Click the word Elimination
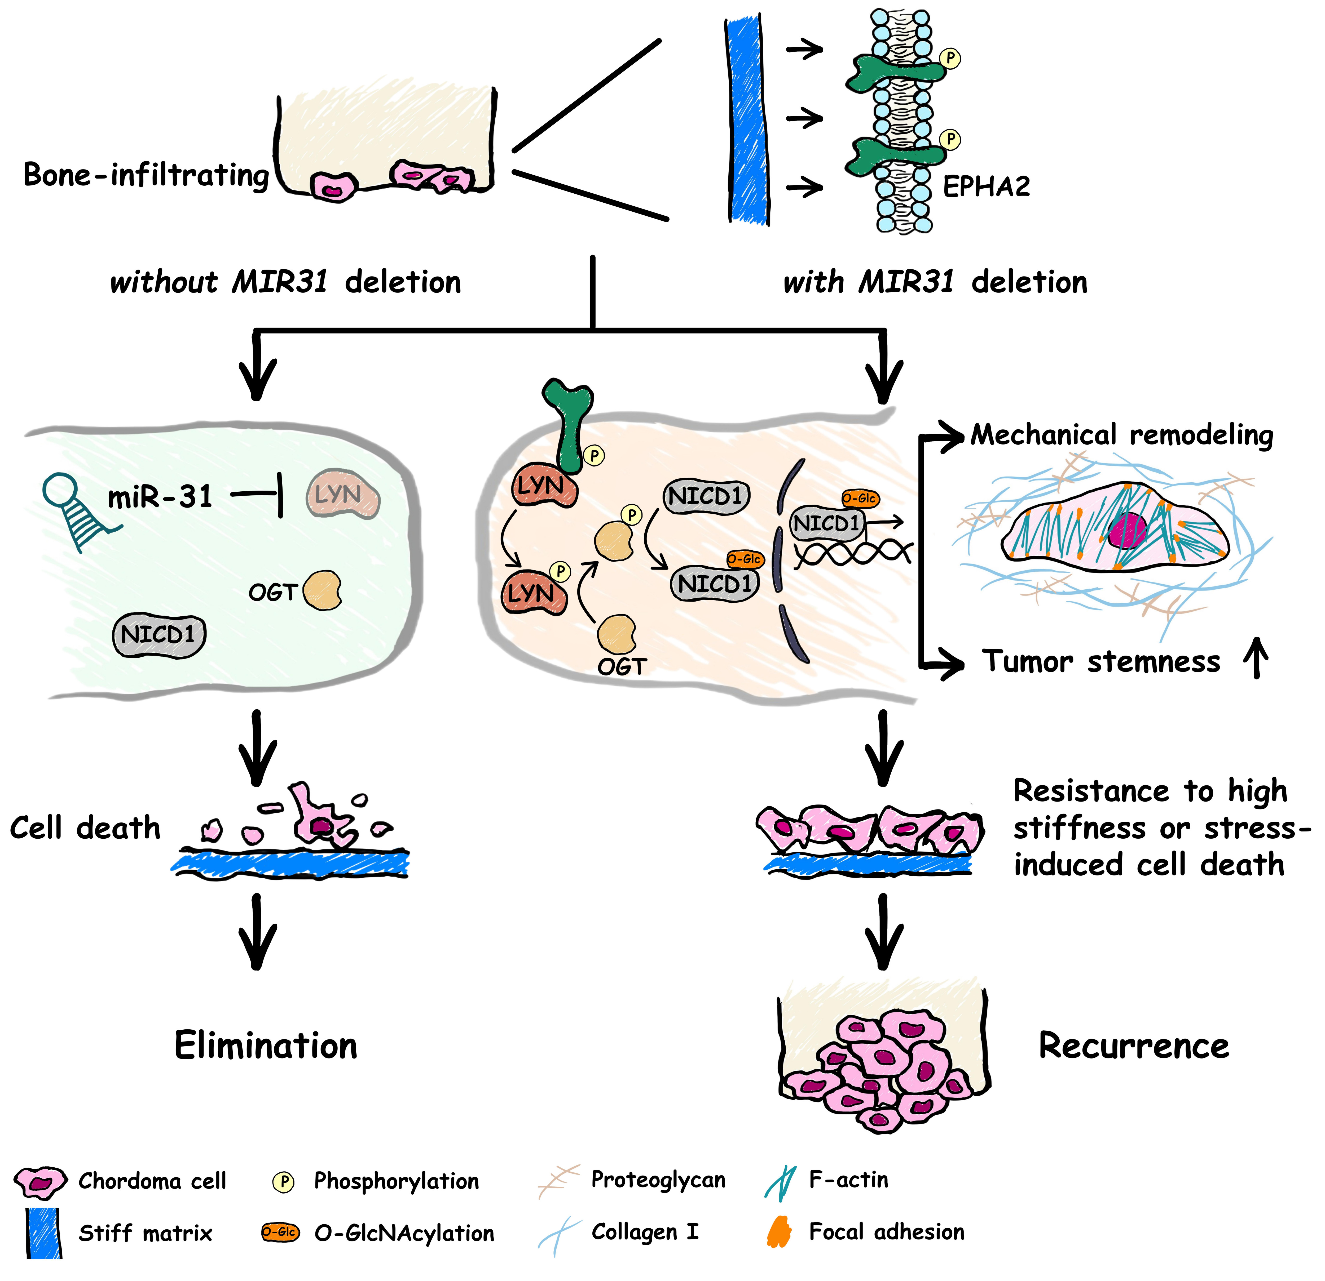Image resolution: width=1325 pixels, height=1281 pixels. point(266,1046)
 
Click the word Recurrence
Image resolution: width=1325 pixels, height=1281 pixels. point(1134,1046)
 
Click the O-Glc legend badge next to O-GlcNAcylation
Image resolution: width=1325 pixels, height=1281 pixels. point(280,1232)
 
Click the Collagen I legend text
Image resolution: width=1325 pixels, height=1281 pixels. point(644,1232)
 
